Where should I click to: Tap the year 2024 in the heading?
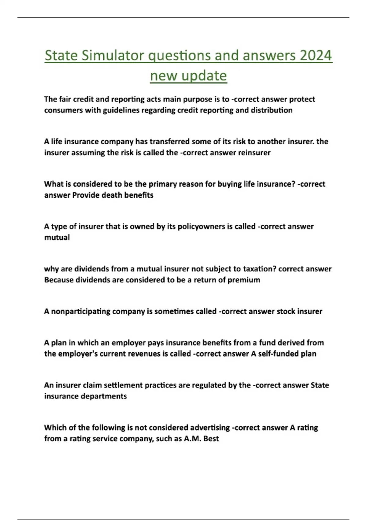316,56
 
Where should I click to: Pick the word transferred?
170,142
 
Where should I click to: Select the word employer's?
78,354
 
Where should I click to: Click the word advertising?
210,428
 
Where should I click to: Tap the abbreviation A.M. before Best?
192,439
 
